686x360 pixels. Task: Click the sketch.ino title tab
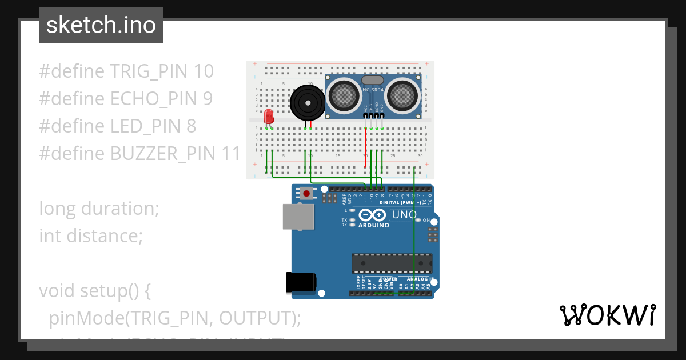tap(101, 25)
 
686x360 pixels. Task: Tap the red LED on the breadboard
tap(269, 117)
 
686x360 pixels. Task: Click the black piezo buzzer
tap(307, 103)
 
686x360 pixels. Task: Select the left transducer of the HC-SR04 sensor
tap(344, 94)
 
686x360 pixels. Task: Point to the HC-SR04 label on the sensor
tap(373, 90)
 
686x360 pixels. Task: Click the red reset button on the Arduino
tap(307, 194)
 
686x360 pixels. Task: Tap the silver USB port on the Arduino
tap(298, 217)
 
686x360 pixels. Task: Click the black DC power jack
tap(301, 282)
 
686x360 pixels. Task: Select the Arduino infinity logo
tap(373, 215)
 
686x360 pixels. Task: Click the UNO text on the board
tap(404, 215)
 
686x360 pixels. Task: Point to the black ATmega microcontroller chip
tap(392, 263)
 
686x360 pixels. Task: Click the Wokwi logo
tap(607, 315)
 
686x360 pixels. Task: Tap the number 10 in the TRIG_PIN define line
tap(204, 71)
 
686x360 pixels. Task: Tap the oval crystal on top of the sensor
tap(373, 80)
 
